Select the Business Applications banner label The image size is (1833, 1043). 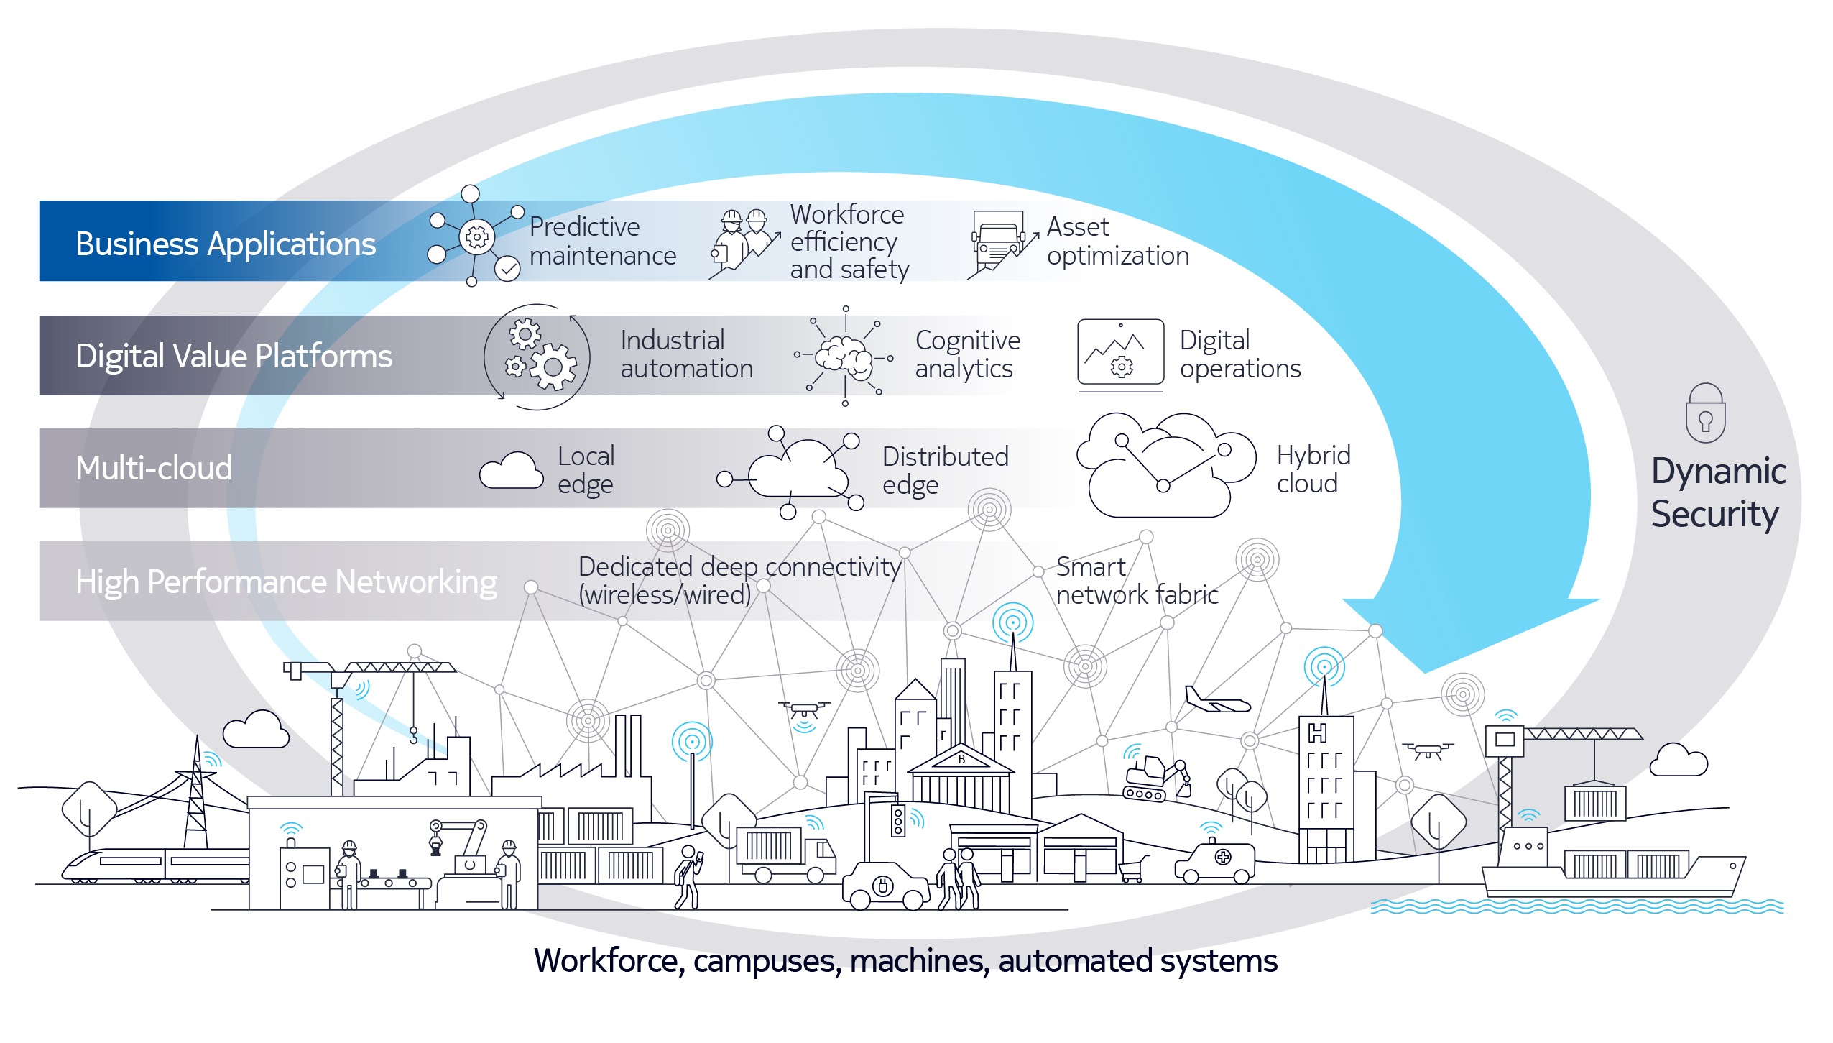[226, 244]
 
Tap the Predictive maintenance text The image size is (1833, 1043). [602, 242]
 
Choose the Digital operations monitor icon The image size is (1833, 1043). [1120, 353]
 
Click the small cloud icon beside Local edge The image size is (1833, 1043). [511, 471]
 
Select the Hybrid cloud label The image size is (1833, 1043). [1313, 469]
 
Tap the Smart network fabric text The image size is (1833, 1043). [1136, 581]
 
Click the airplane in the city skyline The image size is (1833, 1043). [1216, 701]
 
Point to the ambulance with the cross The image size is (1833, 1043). [1216, 862]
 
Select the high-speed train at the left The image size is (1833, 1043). [154, 864]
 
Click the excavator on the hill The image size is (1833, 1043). [1155, 778]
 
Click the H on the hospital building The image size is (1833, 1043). [1317, 733]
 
